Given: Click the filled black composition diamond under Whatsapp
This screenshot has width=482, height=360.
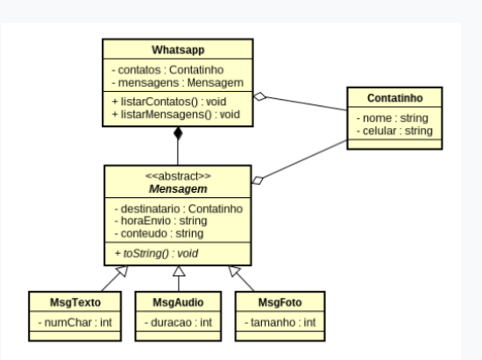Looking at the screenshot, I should (179, 134).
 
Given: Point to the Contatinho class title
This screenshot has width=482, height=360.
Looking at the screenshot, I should (393, 95).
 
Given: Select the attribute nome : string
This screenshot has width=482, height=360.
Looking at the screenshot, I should (386, 117).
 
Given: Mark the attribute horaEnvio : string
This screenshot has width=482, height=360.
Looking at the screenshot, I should (160, 222).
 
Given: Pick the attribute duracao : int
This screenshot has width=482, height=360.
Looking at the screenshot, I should (178, 323).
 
